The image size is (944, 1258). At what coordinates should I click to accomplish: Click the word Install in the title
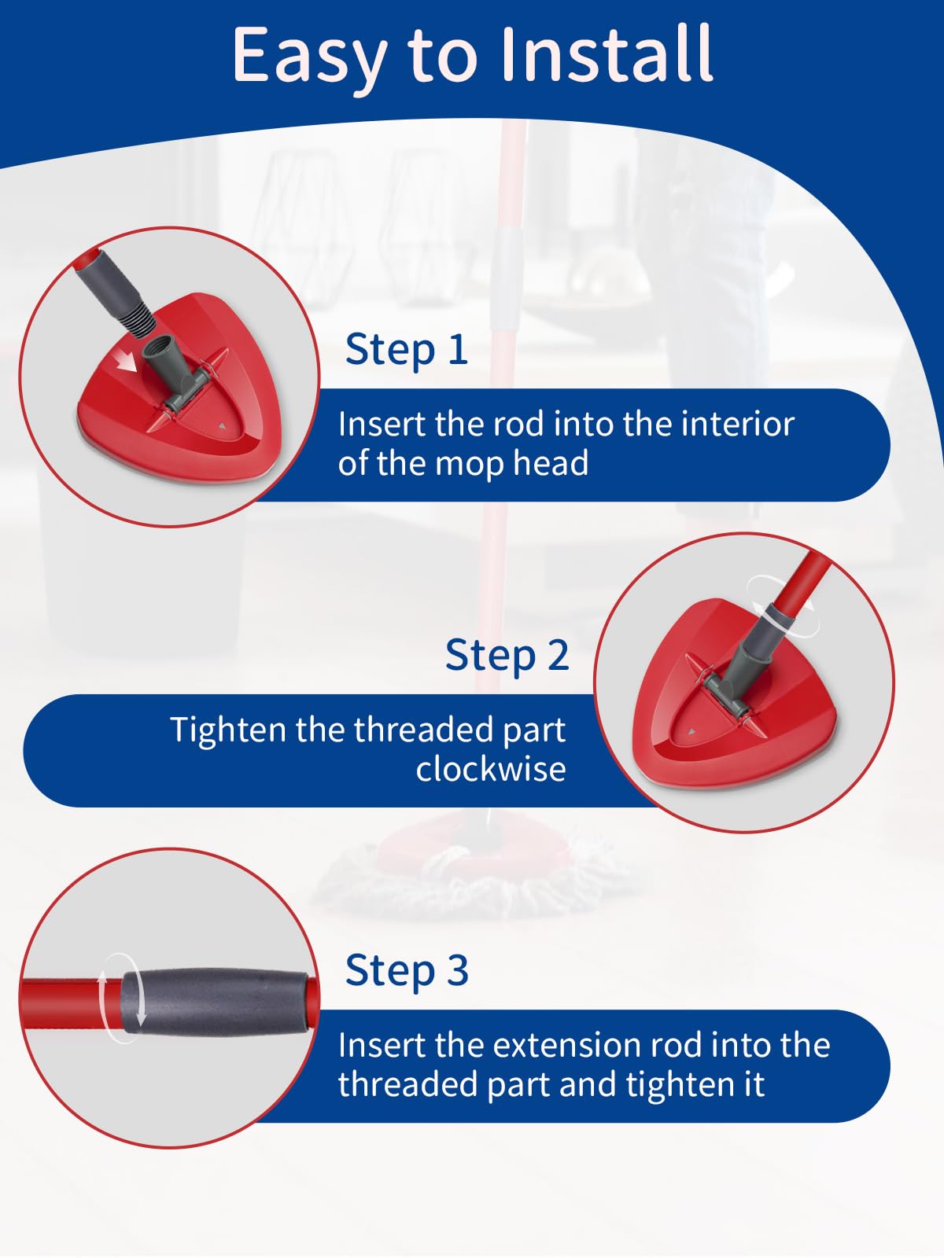(x=607, y=54)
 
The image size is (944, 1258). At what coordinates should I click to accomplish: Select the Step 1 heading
(x=407, y=349)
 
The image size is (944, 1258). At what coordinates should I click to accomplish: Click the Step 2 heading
(x=507, y=655)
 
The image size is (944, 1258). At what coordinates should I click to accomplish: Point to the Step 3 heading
(x=407, y=970)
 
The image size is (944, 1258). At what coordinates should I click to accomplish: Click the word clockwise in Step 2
(x=491, y=768)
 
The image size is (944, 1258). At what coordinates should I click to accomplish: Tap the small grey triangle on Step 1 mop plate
(x=222, y=426)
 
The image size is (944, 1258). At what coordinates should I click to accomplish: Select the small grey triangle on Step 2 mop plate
(x=691, y=732)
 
